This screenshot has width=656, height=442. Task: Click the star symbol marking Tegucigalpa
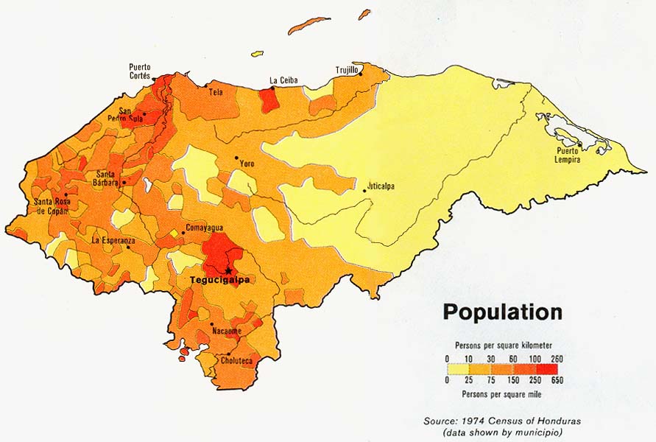click(228, 270)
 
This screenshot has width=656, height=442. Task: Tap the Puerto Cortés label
click(140, 71)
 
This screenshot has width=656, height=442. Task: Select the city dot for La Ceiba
click(272, 88)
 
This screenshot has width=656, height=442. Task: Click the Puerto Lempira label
click(573, 155)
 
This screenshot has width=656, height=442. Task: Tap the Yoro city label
click(247, 164)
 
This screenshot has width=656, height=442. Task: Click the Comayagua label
click(203, 228)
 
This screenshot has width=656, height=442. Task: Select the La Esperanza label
click(113, 240)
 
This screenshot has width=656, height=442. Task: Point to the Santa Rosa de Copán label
click(51, 206)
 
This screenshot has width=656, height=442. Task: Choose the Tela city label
click(216, 93)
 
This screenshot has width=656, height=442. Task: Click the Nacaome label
click(226, 331)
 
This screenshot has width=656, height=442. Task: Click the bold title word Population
click(502, 312)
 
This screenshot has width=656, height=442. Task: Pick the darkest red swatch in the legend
click(547, 369)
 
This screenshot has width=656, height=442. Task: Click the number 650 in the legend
click(557, 382)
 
